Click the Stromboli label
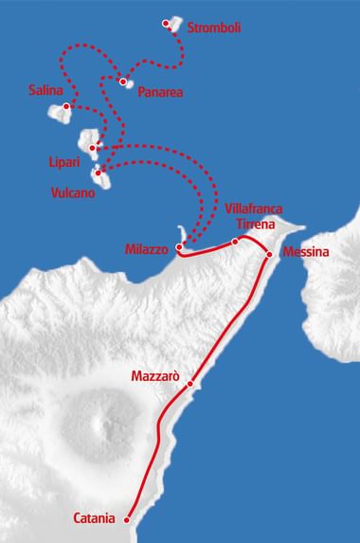click(x=215, y=28)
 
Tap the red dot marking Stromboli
click(x=168, y=23)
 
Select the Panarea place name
click(x=161, y=93)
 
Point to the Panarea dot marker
click(x=124, y=81)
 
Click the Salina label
click(x=45, y=90)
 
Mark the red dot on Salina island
click(x=66, y=107)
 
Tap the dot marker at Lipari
click(x=92, y=149)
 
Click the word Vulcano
click(x=74, y=191)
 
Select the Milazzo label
click(x=146, y=248)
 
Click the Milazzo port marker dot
click(x=179, y=246)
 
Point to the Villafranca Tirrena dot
click(x=235, y=242)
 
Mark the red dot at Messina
click(x=270, y=255)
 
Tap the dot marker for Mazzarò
click(x=190, y=384)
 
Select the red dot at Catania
click(x=126, y=518)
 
